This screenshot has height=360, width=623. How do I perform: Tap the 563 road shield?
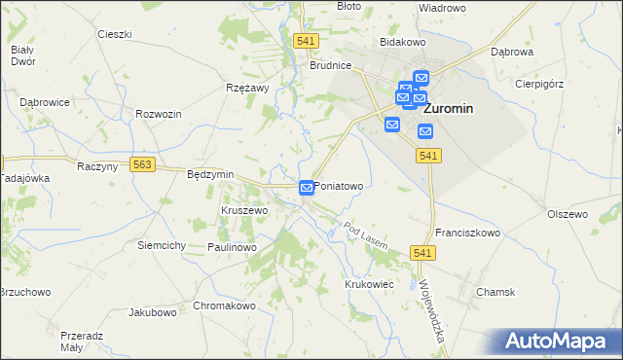[x=143, y=165]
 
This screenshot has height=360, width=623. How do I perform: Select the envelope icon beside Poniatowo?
[x=307, y=186]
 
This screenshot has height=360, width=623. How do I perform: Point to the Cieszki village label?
[x=114, y=34]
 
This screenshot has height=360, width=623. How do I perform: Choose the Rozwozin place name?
[x=160, y=114]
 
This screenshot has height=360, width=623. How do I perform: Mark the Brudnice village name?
[x=330, y=66]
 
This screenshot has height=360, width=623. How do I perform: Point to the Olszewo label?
[x=568, y=214]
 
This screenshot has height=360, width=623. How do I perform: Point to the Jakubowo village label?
[x=153, y=313]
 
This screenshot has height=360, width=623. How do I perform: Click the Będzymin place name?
[x=210, y=174]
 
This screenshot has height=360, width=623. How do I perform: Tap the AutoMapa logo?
[x=558, y=341]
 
